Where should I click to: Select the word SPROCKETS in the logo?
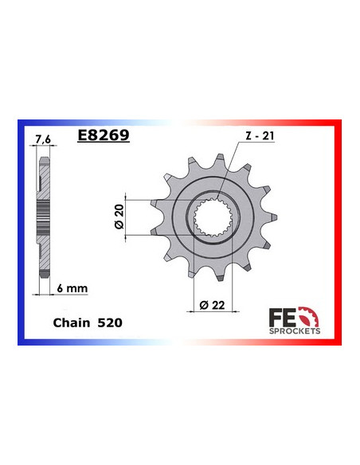pyautogui.click(x=295, y=328)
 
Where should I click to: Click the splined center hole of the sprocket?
pyautogui.click(x=213, y=217)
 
